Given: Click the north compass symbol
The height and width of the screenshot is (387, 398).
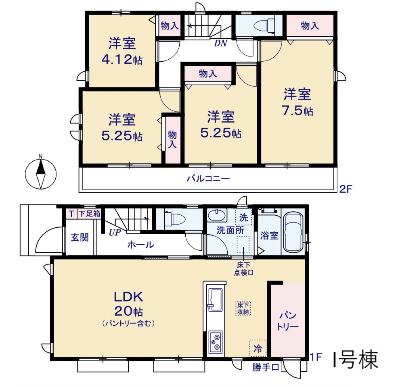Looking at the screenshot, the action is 41,174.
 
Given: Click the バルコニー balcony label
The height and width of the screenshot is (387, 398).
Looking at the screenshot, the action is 208,179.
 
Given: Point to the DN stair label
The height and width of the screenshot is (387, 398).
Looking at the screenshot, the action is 220,44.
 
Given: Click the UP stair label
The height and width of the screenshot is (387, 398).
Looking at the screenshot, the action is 115,233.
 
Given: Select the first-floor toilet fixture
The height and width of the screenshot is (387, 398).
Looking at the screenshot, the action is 175,219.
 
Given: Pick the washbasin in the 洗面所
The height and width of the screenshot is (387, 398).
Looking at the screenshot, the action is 216,215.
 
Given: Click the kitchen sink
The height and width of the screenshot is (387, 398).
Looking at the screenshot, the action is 215,299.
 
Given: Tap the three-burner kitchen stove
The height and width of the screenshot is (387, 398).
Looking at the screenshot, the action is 216,342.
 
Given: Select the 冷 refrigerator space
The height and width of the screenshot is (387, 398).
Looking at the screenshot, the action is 258,349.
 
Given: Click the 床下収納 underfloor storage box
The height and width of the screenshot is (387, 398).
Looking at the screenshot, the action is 243,308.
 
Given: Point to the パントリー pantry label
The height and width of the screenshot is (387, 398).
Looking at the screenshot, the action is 287,321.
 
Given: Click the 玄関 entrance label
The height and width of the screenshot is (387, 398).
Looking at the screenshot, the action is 80,237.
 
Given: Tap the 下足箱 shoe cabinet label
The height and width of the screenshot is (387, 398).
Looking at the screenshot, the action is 89,213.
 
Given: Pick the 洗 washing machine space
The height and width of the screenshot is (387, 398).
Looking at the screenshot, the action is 243,217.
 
